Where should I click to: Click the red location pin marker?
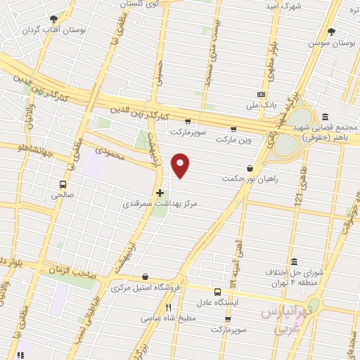click(181, 165)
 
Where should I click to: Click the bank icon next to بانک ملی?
click(262, 94)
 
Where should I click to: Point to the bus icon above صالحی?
click(63, 185)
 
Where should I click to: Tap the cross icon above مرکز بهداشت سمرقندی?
click(160, 192)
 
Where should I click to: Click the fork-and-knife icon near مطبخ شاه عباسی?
click(168, 307)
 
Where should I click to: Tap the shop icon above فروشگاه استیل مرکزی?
click(145, 276)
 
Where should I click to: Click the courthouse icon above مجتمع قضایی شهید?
click(325, 117)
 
